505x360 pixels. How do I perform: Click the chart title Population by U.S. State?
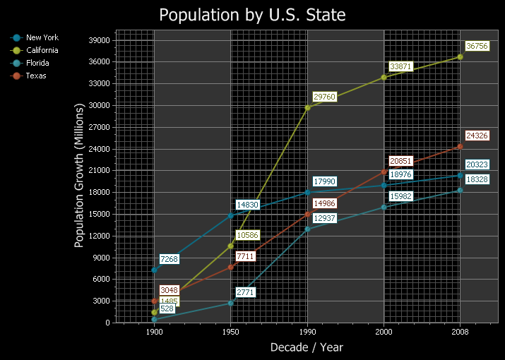click(x=252, y=15)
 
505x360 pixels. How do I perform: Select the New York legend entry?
click(x=34, y=37)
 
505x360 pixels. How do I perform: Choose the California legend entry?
click(x=34, y=50)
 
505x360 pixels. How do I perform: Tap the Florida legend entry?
click(x=30, y=63)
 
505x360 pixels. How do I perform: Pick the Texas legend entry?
click(x=28, y=76)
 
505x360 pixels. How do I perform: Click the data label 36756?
click(x=477, y=46)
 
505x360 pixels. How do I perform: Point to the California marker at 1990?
click(x=307, y=107)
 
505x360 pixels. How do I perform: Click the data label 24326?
click(x=477, y=136)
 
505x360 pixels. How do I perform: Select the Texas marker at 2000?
click(x=384, y=172)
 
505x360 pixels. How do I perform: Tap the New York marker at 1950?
click(x=230, y=215)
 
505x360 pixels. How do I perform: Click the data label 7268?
click(x=169, y=259)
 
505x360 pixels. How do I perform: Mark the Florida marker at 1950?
click(x=230, y=303)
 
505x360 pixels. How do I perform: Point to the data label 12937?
click(x=324, y=218)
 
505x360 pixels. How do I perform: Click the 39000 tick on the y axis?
click(x=99, y=40)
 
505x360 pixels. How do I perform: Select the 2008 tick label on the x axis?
click(x=460, y=332)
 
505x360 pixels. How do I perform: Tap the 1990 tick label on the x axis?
click(x=307, y=332)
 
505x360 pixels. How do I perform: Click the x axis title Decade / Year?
click(x=307, y=347)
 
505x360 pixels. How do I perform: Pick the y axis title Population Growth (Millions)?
click(x=79, y=176)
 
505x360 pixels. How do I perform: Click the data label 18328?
click(x=477, y=179)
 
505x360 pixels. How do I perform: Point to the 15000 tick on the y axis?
click(x=99, y=214)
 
